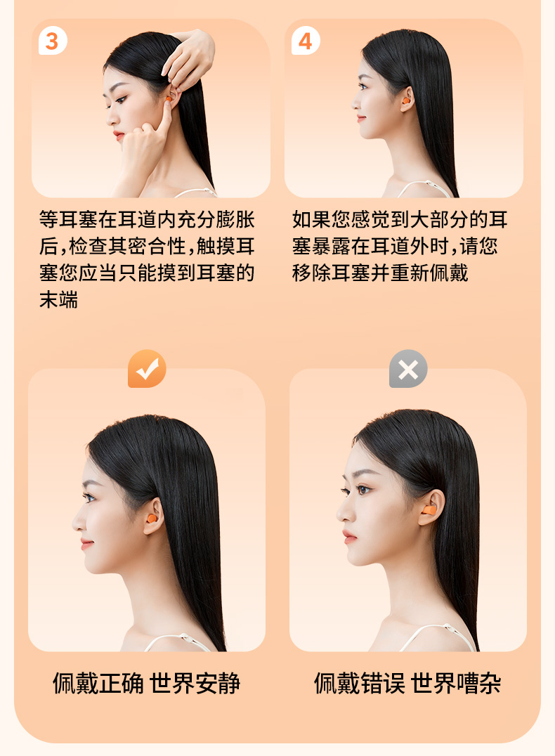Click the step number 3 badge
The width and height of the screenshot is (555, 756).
click(53, 41)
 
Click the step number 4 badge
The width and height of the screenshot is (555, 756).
click(306, 41)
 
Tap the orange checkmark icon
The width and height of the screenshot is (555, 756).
click(147, 369)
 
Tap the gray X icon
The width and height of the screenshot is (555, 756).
click(408, 369)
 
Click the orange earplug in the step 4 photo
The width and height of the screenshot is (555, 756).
click(406, 101)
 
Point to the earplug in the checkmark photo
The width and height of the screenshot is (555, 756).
click(152, 519)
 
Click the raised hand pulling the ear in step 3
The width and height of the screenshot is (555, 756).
click(190, 58)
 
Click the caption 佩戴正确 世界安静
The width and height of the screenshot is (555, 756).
click(147, 683)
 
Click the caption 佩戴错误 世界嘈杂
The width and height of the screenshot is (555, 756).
click(408, 683)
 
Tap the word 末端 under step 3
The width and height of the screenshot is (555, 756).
click(59, 300)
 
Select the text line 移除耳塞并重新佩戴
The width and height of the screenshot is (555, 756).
click(380, 273)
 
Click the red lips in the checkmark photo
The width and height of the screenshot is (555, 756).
click(86, 544)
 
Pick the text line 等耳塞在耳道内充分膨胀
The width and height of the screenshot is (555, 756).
click(147, 219)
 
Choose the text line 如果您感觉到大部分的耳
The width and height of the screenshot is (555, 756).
click(400, 219)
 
